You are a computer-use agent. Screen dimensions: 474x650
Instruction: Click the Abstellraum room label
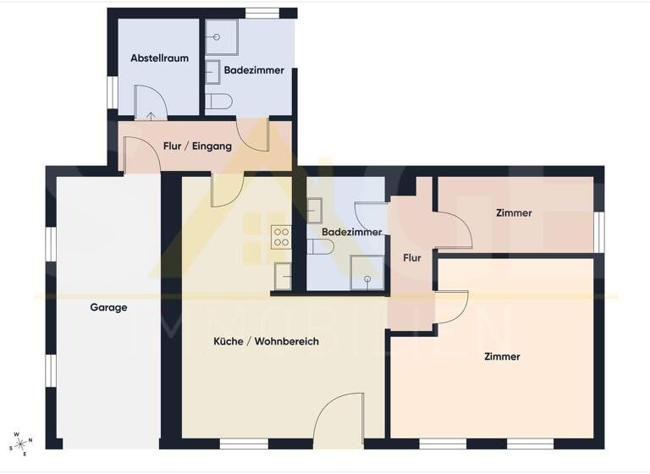click(159, 58)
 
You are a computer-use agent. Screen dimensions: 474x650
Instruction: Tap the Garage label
click(108, 308)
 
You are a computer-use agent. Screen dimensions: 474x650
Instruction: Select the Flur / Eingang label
click(197, 146)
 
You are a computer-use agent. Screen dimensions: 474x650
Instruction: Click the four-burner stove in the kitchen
click(281, 238)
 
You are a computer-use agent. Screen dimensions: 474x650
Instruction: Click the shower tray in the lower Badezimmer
click(367, 273)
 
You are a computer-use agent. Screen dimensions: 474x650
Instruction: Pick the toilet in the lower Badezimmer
click(322, 246)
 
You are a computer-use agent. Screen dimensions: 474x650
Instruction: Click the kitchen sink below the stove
click(283, 274)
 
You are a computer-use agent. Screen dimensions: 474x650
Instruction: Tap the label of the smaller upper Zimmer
click(514, 213)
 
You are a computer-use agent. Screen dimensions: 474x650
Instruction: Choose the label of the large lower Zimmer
click(502, 356)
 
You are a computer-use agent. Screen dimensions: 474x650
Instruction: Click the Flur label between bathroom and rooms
click(412, 257)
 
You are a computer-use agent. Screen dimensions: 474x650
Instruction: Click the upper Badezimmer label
click(253, 70)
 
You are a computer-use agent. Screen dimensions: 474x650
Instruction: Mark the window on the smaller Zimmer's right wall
click(598, 231)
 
